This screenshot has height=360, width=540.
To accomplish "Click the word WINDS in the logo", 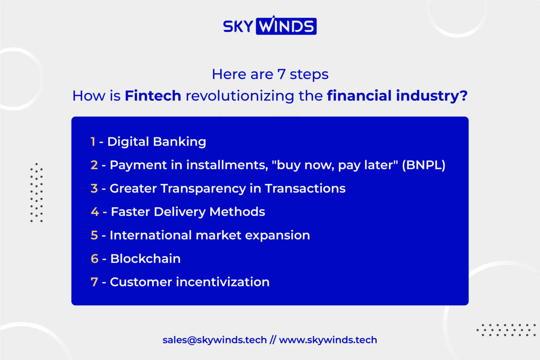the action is tap(286, 26).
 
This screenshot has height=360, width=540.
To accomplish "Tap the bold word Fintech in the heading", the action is tap(153, 95).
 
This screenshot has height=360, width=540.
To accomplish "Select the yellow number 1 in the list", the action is tap(93, 142).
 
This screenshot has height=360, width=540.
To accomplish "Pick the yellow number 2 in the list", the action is tap(94, 165).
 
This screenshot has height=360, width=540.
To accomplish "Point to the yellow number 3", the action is tap(94, 188).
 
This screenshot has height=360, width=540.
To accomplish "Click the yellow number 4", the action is tap(95, 212).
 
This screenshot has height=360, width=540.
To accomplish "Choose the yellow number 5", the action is tap(94, 235).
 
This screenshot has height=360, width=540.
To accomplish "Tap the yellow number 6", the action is tap(94, 259).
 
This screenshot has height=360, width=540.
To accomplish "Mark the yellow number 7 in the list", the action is tap(94, 282).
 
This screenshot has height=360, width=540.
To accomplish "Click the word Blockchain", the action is tap(145, 259).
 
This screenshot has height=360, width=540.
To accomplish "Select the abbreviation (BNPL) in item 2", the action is tap(424, 165).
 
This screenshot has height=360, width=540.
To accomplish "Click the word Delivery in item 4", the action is tap(180, 212).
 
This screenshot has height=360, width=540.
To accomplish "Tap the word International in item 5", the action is tap(151, 235).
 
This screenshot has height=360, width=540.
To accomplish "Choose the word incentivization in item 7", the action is tap(223, 282).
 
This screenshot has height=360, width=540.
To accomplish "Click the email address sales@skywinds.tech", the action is tap(215, 340).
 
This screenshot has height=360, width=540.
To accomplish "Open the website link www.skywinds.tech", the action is tap(328, 340).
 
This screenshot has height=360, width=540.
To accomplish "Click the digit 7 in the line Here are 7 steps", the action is tap(281, 74).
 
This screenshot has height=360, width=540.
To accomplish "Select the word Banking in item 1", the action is tap(180, 142).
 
